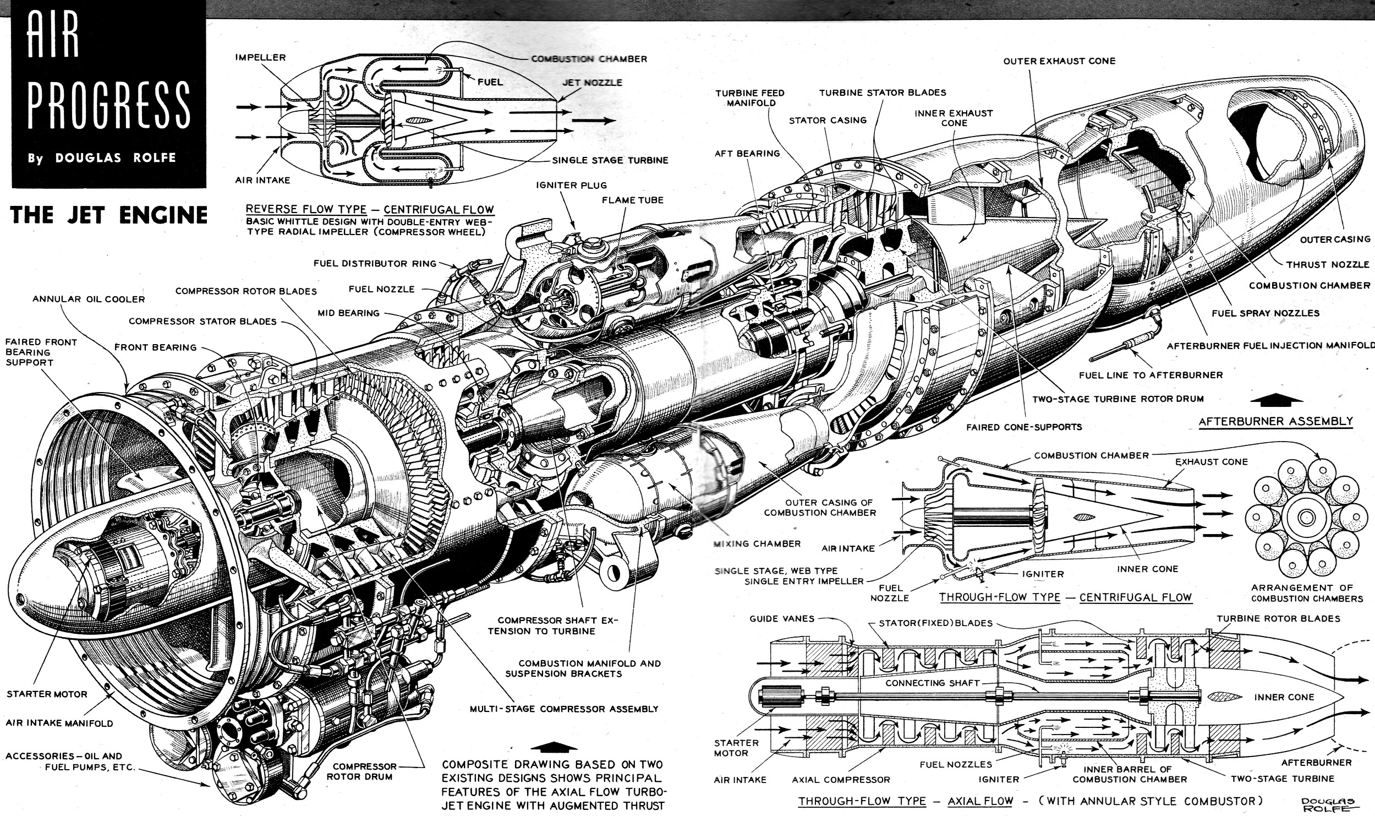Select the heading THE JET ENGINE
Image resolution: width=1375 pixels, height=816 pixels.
(x=109, y=215)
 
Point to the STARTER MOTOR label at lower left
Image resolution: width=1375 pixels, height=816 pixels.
(x=47, y=694)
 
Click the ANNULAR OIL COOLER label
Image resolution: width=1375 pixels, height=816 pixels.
(x=89, y=300)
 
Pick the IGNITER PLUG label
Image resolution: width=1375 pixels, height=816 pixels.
(x=572, y=185)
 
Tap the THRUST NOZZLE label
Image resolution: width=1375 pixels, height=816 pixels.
(x=1327, y=264)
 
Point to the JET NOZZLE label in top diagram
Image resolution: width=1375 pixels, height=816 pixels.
(x=592, y=83)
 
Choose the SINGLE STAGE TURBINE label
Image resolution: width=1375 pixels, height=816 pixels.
(x=610, y=160)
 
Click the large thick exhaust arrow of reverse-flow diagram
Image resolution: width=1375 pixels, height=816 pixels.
(x=594, y=121)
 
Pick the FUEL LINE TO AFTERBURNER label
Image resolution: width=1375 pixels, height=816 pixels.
(x=1151, y=375)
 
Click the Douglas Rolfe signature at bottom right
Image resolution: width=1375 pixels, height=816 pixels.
(x=1327, y=804)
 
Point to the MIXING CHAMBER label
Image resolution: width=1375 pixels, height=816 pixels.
(x=757, y=543)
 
